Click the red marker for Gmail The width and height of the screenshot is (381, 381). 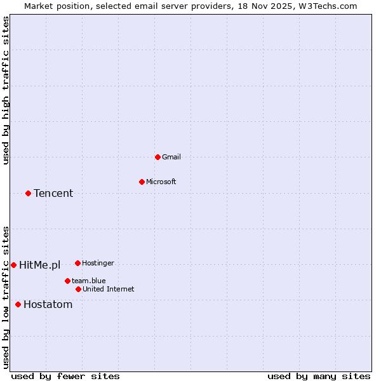click(x=157, y=157)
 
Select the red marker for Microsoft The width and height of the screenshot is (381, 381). click(x=142, y=182)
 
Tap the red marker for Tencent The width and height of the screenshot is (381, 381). click(x=28, y=193)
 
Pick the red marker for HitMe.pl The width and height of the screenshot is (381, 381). click(x=13, y=265)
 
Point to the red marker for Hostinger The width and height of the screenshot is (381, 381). click(x=77, y=263)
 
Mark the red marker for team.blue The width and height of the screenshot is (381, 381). click(x=67, y=281)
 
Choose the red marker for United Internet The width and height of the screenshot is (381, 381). click(x=78, y=289)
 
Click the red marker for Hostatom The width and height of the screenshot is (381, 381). click(x=18, y=304)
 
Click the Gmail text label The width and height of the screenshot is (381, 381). click(x=171, y=157)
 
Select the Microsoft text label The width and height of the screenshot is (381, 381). click(x=161, y=182)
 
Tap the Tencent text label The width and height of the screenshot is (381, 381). click(x=53, y=193)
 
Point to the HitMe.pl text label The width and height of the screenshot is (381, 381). click(x=39, y=265)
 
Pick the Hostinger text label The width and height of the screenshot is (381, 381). click(x=98, y=263)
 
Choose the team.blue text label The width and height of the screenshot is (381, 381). click(x=88, y=281)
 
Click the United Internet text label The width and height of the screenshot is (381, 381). click(x=108, y=289)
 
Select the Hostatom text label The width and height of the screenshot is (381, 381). click(x=48, y=304)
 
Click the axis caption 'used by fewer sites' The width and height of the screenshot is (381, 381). click(x=65, y=376)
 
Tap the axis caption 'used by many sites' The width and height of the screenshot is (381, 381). click(x=318, y=376)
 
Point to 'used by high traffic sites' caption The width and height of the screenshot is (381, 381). click(x=6, y=90)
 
